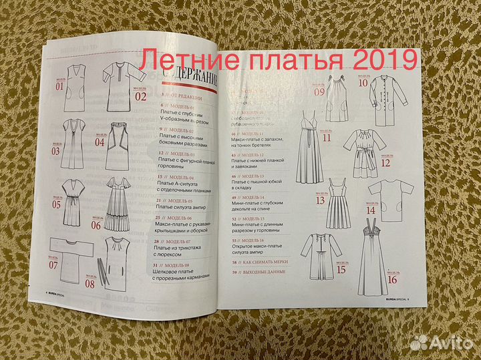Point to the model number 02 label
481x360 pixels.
tap(140, 96)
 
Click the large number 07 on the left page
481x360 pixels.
tap(54, 265)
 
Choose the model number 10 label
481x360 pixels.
tap(363, 83)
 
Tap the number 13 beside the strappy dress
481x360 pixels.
tap(320, 200)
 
